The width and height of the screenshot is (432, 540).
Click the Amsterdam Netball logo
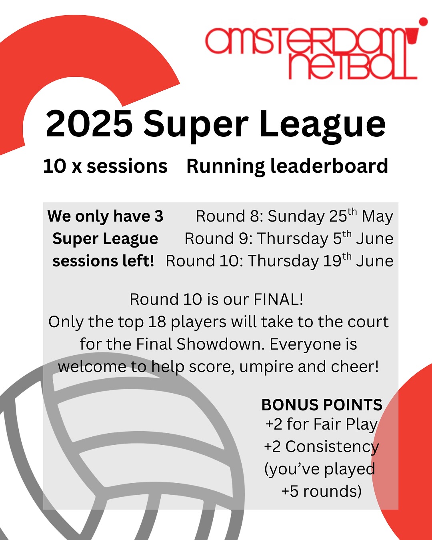pos(311,52)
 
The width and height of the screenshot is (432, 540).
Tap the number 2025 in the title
pos(89,124)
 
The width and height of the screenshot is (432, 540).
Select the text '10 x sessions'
pos(105,166)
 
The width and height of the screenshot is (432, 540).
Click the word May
pos(377,216)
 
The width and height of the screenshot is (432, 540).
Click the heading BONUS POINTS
pos(322,405)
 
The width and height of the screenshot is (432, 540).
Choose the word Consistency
pos(332,447)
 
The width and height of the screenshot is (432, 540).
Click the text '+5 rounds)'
pos(322,491)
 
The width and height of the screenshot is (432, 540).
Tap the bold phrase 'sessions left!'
pos(104,261)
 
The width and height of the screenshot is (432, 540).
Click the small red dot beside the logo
pos(423,22)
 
